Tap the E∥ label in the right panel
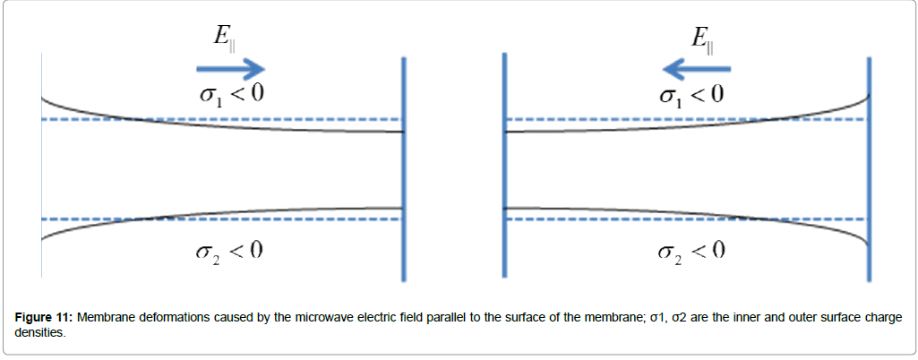click(701, 38)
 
